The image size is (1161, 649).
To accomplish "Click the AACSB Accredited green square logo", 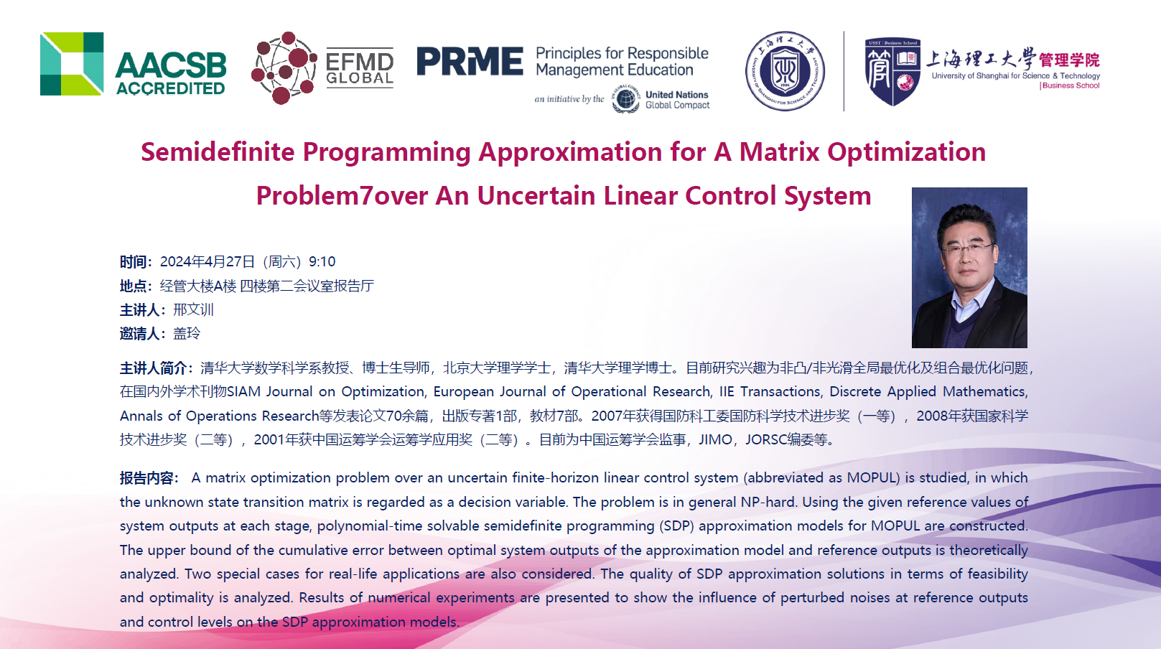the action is (72, 64).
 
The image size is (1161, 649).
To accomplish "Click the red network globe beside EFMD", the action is (284, 67).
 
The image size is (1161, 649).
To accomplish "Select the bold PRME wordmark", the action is (470, 61).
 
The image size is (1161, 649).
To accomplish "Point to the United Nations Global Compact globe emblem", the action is (625, 98).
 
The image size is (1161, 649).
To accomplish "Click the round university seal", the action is (785, 71).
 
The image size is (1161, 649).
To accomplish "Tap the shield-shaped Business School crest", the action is (892, 72).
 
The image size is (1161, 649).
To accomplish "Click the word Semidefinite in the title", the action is (218, 152).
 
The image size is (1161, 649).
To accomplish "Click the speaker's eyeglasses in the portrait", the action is (967, 248).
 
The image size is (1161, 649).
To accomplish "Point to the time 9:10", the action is (322, 262).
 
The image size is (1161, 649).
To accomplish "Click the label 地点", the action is (134, 286).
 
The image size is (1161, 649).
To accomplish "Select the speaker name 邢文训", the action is (193, 310).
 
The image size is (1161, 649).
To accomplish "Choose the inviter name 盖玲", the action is (187, 333).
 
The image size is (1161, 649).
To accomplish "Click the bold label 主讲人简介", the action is (154, 368).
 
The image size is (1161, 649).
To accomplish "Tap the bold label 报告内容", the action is (146, 478).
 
